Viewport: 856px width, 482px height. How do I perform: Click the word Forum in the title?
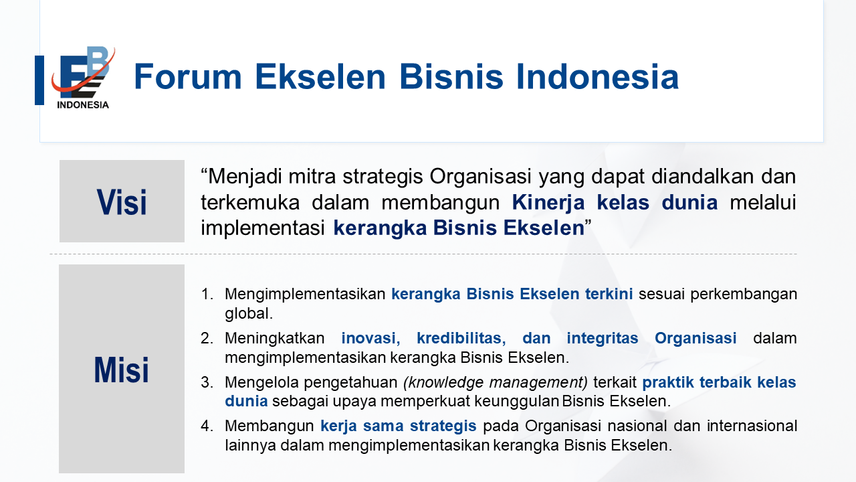(x=188, y=76)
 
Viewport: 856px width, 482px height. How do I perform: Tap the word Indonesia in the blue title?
(x=597, y=76)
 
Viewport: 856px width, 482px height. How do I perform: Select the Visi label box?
(x=122, y=202)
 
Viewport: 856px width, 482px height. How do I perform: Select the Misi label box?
(x=122, y=369)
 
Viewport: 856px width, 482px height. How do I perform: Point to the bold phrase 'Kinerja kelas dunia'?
(x=615, y=202)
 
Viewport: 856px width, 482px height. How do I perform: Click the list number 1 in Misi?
(x=207, y=294)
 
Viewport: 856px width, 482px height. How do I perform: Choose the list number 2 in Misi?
(x=207, y=338)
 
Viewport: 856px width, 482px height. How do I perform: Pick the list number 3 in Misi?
(x=207, y=382)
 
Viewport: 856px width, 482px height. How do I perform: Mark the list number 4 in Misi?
(x=207, y=426)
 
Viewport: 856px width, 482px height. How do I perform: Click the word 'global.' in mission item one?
(x=249, y=314)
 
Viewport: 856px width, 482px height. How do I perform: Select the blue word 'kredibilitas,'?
(x=461, y=338)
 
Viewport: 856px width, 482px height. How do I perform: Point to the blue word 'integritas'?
(x=603, y=339)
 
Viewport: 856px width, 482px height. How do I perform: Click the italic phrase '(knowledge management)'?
(x=496, y=382)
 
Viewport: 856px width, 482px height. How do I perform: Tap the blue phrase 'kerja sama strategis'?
(x=398, y=426)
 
